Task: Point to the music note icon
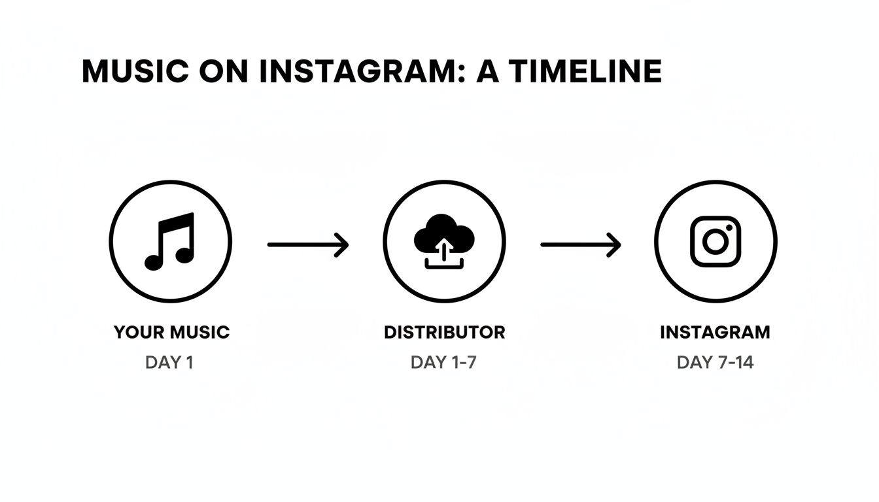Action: pos(170,241)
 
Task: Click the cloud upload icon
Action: pos(444,241)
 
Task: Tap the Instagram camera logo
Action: pos(715,241)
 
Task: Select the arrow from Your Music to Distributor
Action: pos(308,244)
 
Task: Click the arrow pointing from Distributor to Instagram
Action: pos(581,244)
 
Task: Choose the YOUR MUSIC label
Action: pos(171,332)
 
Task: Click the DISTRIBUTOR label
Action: pos(444,332)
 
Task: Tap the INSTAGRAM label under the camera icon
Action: pos(715,332)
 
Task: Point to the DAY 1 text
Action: pos(169,362)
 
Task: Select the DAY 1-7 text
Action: pos(443,362)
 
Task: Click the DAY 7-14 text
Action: pos(715,362)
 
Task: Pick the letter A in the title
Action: pos(488,71)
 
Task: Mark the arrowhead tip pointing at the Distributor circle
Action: pos(347,244)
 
